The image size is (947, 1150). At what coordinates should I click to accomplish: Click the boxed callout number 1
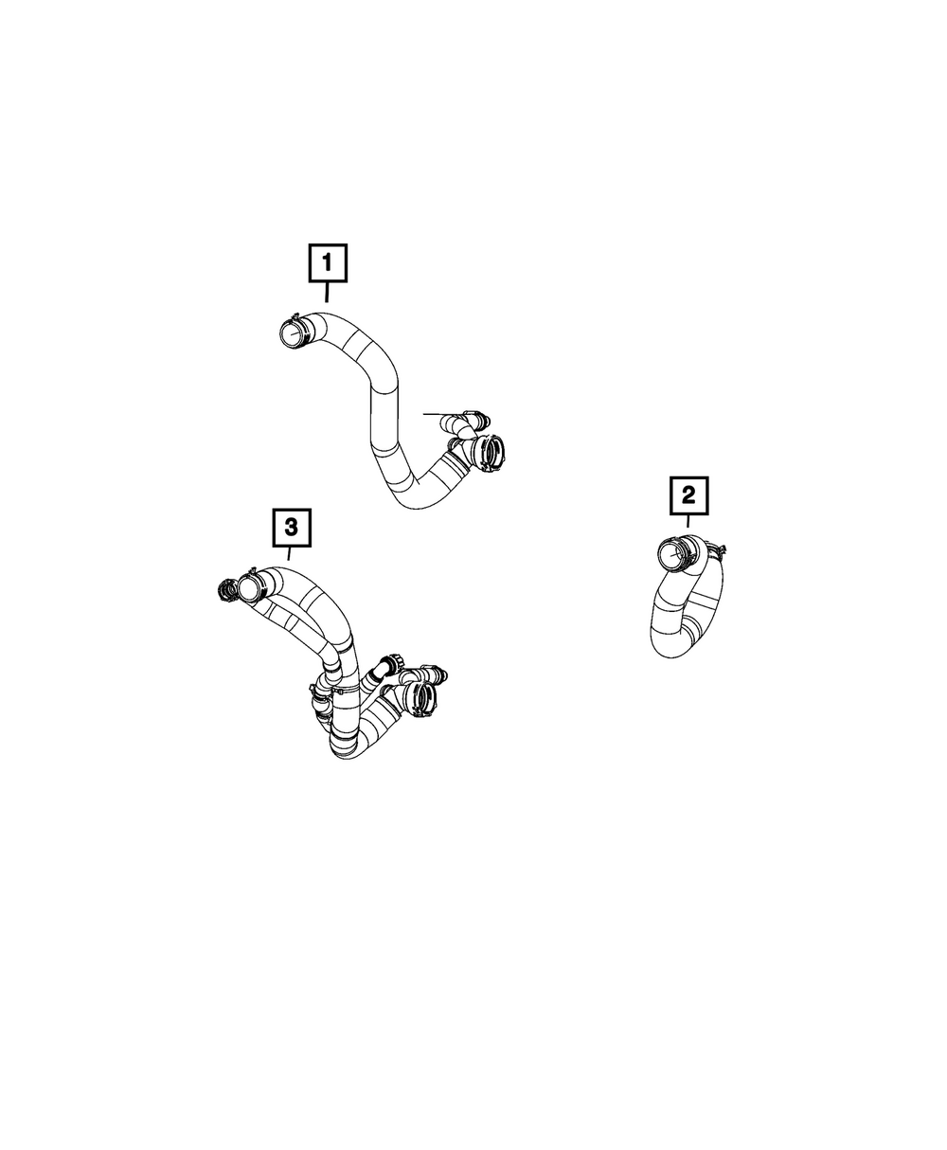pyautogui.click(x=328, y=263)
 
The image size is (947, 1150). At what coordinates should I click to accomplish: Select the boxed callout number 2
pyautogui.click(x=688, y=495)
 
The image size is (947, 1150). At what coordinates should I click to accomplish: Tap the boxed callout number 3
pyautogui.click(x=292, y=528)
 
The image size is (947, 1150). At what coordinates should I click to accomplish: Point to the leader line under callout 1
pyautogui.click(x=327, y=292)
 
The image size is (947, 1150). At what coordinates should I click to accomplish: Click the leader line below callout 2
pyautogui.click(x=688, y=521)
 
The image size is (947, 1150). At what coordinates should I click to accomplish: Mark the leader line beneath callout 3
pyautogui.click(x=289, y=553)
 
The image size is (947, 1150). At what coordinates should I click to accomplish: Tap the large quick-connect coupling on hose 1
pyautogui.click(x=488, y=453)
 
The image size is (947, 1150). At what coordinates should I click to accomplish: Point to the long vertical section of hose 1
pyautogui.click(x=384, y=419)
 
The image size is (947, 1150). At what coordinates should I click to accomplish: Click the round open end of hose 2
pyautogui.click(x=672, y=554)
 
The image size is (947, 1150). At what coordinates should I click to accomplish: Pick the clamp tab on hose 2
pyautogui.click(x=718, y=549)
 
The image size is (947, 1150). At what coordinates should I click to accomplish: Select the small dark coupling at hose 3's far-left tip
pyautogui.click(x=226, y=589)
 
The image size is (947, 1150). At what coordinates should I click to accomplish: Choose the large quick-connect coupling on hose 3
pyautogui.click(x=421, y=698)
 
